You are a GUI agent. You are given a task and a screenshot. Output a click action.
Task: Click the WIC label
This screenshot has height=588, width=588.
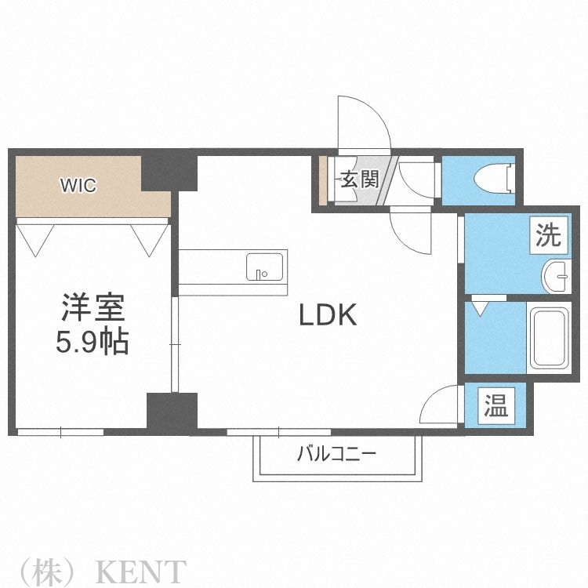point(78,186)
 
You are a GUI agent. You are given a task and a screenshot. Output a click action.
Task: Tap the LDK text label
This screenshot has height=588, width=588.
point(328,315)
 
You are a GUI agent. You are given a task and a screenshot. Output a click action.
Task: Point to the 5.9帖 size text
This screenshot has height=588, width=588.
point(93,343)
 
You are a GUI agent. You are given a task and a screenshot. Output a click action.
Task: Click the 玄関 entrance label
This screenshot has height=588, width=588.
point(359,180)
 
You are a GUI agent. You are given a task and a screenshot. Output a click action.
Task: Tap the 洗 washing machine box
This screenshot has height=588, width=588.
point(549,234)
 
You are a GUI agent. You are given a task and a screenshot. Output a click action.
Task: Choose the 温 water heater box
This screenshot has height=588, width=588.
point(495,405)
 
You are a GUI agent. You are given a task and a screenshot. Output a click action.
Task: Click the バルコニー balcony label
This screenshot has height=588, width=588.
point(336,453)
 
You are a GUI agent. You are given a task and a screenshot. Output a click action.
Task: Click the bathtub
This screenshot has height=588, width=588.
point(553,337)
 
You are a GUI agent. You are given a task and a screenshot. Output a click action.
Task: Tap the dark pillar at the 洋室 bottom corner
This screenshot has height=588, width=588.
point(172,412)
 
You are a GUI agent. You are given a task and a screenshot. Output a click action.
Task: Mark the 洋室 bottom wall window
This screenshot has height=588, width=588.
point(61,431)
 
